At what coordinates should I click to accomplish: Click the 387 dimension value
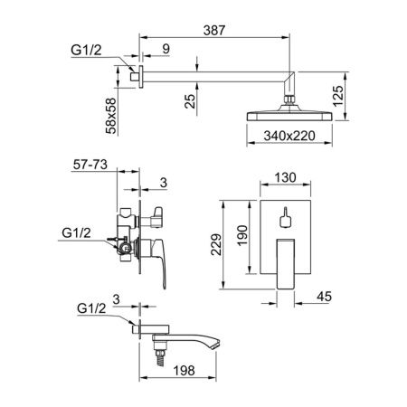click(x=214, y=31)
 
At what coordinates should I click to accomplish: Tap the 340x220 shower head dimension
click(x=289, y=136)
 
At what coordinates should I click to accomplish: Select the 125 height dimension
click(x=338, y=96)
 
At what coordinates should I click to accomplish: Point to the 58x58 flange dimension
click(x=111, y=116)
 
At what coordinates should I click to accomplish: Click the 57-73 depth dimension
click(x=90, y=165)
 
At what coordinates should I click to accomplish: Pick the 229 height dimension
click(x=216, y=244)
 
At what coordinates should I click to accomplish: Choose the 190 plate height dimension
click(x=242, y=236)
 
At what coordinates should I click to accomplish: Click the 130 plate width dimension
click(x=285, y=177)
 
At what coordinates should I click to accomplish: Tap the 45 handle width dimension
click(x=325, y=297)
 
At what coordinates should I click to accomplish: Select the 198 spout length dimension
click(x=184, y=371)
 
